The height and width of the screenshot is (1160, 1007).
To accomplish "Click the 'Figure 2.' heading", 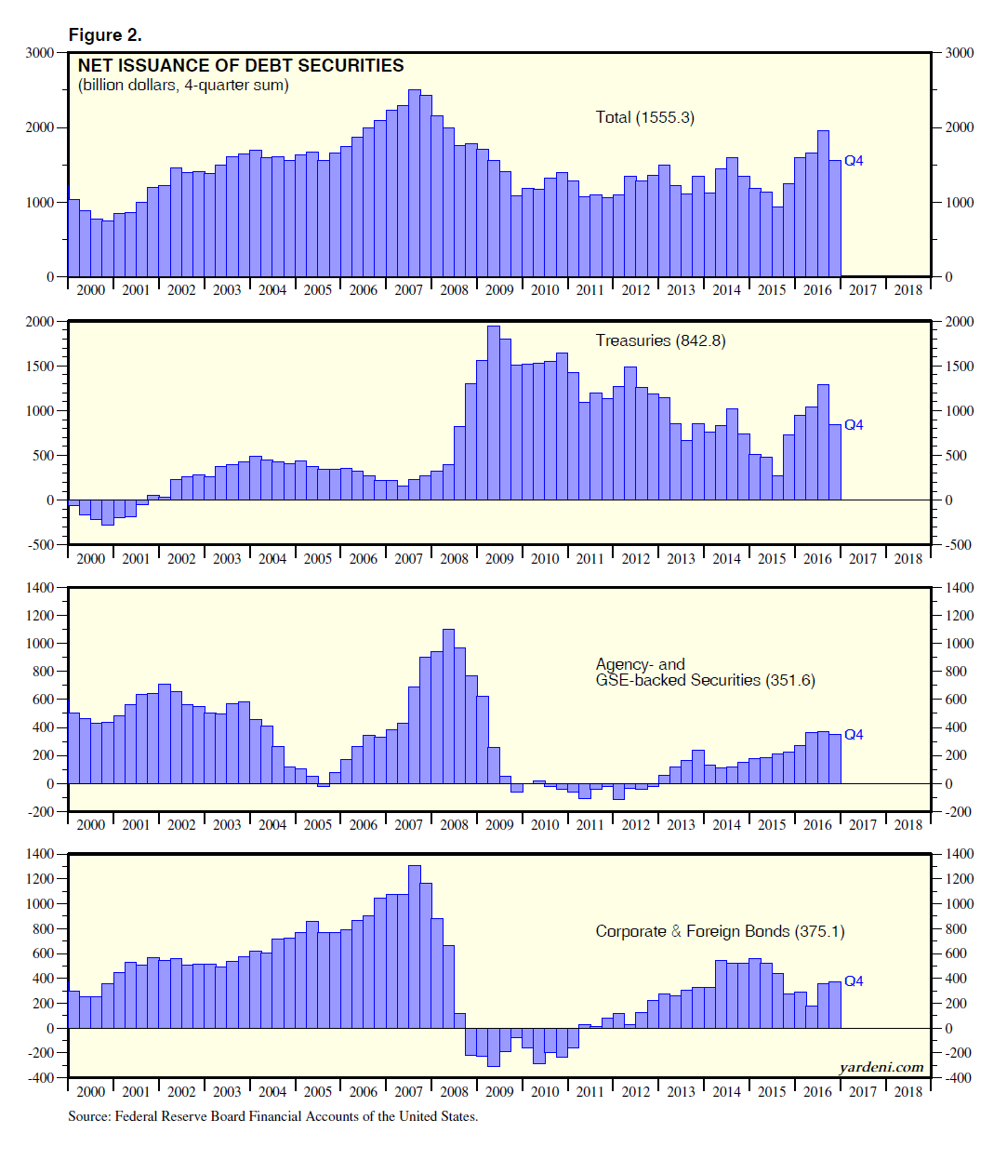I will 105,35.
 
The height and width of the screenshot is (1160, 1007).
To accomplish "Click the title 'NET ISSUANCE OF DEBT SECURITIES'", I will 241,65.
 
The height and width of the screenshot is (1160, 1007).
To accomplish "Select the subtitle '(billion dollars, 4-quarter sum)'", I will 183,86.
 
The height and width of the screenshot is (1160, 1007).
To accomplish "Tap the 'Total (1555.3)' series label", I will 644,117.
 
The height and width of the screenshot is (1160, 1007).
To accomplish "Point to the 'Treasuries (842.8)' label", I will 660,340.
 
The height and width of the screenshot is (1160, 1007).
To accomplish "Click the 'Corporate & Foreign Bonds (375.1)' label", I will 720,931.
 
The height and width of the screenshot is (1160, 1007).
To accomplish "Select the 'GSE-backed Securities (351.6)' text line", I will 705,680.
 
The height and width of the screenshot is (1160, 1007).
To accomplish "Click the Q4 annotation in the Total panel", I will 854,161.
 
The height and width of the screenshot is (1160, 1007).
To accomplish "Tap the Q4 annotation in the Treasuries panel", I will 854,425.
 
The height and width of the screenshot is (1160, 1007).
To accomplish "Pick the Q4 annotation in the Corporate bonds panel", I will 854,981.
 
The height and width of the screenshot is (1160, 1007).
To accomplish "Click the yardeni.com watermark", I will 881,1067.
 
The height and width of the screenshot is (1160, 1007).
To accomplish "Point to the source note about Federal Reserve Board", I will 272,1116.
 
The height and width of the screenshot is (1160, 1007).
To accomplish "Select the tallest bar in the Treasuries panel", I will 494,414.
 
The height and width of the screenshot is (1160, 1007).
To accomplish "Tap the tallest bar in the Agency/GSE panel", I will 448,707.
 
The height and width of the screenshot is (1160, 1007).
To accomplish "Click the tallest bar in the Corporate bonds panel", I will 415,947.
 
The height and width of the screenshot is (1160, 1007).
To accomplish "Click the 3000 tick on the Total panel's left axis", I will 39,53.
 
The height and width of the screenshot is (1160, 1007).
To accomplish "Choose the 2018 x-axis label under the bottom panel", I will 908,1091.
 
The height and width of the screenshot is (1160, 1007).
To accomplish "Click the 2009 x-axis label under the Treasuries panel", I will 499,558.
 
